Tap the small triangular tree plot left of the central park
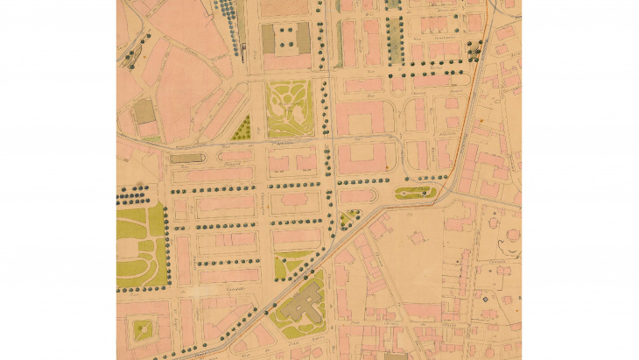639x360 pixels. pos(242,130)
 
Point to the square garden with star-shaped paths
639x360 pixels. pos(141,331)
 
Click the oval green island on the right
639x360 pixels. pos(417,192)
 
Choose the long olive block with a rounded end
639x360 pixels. pos(185,159)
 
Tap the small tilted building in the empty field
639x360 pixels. pos(417,237)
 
